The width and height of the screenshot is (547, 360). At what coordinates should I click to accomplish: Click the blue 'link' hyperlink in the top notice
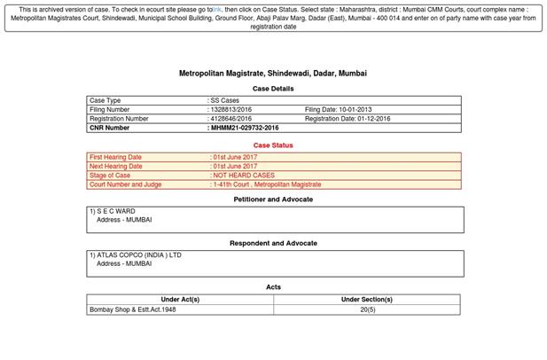216,10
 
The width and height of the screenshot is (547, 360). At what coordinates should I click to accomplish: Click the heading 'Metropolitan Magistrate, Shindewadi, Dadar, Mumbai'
273,74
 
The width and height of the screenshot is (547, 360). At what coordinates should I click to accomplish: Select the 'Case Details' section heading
273,89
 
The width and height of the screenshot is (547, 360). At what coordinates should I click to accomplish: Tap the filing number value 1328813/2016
230,110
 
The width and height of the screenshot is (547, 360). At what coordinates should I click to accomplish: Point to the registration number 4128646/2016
230,119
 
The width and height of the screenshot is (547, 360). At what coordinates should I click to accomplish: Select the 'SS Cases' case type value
225,101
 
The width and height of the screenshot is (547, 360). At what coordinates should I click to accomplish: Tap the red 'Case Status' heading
273,145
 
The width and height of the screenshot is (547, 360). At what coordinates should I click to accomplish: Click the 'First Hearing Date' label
116,157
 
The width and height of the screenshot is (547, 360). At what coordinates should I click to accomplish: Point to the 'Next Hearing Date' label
116,166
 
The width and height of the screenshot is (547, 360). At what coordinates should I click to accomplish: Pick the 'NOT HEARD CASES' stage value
244,176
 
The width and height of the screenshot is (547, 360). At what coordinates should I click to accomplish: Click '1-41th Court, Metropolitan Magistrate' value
266,184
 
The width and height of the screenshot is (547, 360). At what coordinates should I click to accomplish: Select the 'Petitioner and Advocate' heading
273,200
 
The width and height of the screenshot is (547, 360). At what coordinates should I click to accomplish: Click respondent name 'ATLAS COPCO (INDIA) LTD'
137,255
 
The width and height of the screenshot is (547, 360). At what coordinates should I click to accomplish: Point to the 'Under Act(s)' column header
180,300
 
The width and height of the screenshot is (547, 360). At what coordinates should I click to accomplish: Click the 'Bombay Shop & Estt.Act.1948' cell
133,309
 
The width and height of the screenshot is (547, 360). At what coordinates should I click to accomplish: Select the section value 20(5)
367,309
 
